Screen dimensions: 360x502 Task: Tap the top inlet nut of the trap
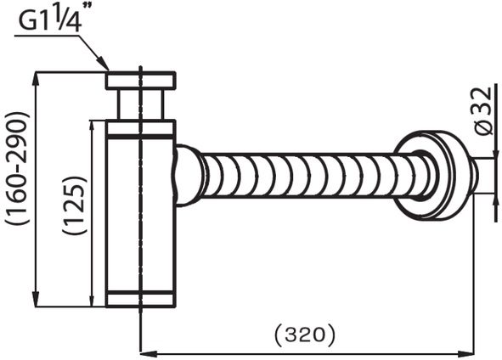coord(140,81)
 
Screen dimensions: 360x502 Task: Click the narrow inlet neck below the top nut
coord(140,104)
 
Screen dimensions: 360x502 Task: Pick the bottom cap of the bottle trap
coord(140,298)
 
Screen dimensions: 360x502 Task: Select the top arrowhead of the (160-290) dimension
coord(34,77)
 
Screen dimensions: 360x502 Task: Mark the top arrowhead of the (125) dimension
coord(91,125)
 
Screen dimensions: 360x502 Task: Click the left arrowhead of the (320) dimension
coord(144,348)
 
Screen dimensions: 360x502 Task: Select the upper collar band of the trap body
coord(140,129)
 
